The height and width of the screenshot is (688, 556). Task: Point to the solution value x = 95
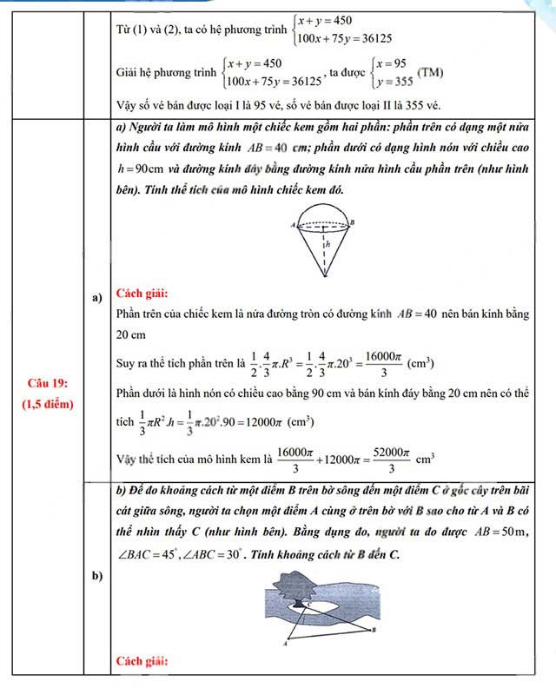tap(389, 63)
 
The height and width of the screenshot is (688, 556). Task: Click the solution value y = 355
tap(391, 82)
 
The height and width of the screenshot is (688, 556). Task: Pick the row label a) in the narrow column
tap(97, 298)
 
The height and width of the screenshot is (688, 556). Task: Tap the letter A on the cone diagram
tap(294, 225)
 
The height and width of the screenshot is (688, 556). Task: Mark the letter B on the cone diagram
tap(352, 222)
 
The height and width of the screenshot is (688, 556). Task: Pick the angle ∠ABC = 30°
tap(211, 553)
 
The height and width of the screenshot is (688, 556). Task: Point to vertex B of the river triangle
tap(374, 629)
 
